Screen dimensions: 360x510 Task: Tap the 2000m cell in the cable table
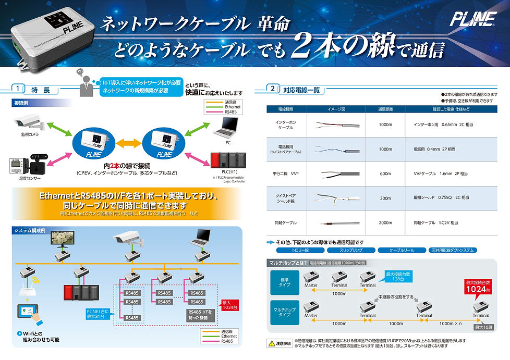coord(385,222)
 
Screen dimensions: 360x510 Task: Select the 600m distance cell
coord(385,173)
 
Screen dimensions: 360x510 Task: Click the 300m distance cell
coord(385,198)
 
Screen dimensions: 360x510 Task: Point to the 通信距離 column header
coord(385,109)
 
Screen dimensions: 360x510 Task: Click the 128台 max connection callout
coord(398,276)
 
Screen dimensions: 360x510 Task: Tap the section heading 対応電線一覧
coord(302,90)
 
